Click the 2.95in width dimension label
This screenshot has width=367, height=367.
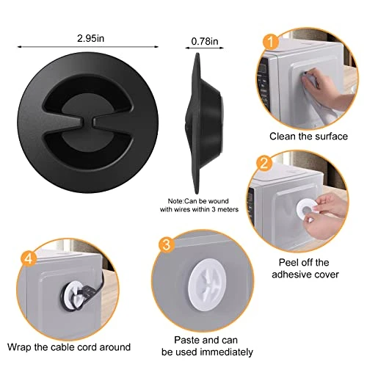(90, 38)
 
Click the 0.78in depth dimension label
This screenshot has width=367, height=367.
(205, 41)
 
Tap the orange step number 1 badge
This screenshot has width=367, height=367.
(271, 42)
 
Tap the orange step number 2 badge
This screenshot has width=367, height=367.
(264, 163)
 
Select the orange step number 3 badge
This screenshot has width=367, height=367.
(166, 244)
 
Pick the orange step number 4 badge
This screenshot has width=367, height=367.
(29, 258)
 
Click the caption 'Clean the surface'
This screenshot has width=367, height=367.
(308, 137)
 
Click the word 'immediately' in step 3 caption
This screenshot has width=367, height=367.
(226, 352)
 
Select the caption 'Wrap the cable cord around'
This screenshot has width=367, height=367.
(69, 347)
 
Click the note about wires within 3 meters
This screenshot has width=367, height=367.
(199, 206)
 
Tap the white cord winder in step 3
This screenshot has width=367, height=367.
(207, 287)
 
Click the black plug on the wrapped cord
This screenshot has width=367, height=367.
(87, 292)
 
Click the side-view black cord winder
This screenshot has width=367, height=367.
(204, 123)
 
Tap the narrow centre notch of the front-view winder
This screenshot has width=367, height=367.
(87, 123)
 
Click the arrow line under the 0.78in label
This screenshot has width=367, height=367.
(205, 48)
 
